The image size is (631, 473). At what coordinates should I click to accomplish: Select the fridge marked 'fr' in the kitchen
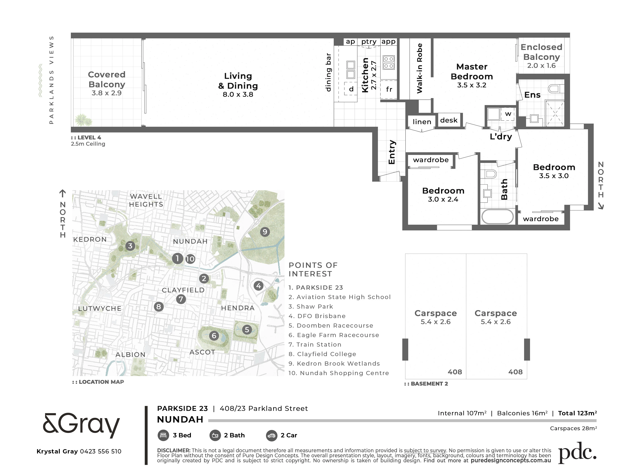pyautogui.click(x=389, y=89)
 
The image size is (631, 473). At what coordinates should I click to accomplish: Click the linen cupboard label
pyautogui.click(x=422, y=122)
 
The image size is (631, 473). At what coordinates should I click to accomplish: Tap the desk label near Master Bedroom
pyautogui.click(x=449, y=120)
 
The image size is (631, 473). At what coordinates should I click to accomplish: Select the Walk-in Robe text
pyautogui.click(x=419, y=68)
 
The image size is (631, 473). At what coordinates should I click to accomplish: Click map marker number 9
pyautogui.click(x=265, y=232)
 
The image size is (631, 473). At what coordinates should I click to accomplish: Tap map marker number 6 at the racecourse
pyautogui.click(x=214, y=336)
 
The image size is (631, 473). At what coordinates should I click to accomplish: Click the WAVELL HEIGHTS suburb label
pyautogui.click(x=146, y=200)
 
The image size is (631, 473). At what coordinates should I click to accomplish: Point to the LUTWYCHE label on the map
pyautogui.click(x=100, y=309)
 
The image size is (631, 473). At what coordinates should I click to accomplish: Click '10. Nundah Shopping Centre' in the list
pyautogui.click(x=339, y=373)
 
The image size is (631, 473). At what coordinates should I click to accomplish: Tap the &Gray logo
pyautogui.click(x=81, y=425)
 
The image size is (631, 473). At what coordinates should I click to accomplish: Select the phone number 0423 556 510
pyautogui.click(x=101, y=451)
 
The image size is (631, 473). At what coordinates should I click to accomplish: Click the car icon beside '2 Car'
pyautogui.click(x=272, y=435)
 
